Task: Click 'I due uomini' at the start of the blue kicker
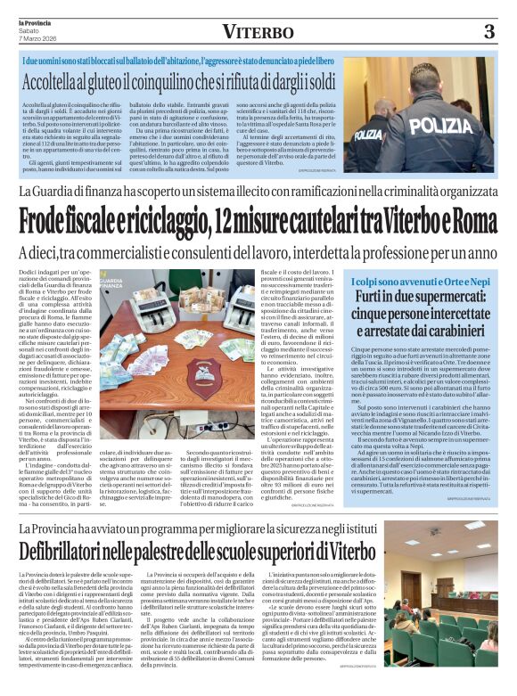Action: pos(45,61)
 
